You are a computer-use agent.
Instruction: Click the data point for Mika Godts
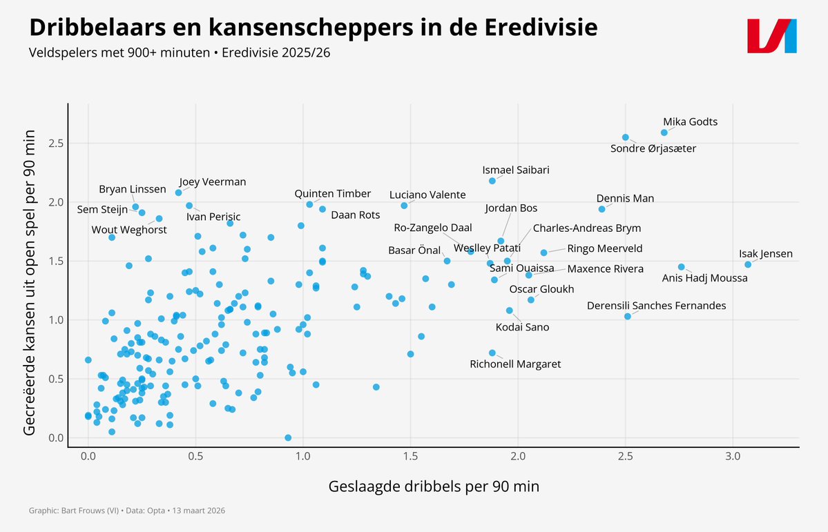[664, 132]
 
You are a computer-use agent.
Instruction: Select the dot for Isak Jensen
[748, 264]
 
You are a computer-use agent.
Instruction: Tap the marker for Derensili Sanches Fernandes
[628, 316]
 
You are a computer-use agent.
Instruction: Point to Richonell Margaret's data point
[492, 353]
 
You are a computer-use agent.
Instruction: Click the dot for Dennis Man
[601, 209]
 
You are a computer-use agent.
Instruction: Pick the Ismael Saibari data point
[492, 181]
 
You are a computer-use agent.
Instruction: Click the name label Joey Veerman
[212, 182]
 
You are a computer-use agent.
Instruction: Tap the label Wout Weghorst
[129, 230]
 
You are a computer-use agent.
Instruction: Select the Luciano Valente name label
[427, 195]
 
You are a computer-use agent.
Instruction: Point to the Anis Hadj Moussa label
[704, 278]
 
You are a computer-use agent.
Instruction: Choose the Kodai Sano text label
[523, 327]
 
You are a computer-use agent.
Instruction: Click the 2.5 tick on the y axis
[56, 144]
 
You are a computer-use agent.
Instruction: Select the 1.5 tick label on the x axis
[411, 457]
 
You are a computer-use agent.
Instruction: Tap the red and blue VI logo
[772, 35]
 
